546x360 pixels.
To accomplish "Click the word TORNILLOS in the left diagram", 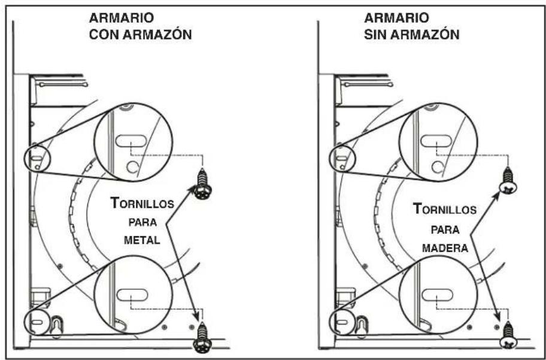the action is [x=142, y=203].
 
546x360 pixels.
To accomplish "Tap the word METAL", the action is [x=142, y=240].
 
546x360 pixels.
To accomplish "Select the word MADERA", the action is [x=445, y=248].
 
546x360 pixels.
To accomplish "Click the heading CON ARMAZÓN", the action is [x=140, y=35].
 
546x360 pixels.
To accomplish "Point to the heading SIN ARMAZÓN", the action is [x=411, y=35].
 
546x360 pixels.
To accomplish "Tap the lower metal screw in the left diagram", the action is [x=202, y=338].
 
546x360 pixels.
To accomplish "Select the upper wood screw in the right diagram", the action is [x=508, y=181].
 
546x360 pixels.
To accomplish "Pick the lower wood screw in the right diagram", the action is [x=508, y=335].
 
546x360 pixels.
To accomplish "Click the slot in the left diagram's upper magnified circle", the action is [x=131, y=141].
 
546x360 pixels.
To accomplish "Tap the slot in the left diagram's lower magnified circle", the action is [x=132, y=295].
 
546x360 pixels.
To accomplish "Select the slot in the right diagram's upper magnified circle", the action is [x=436, y=140].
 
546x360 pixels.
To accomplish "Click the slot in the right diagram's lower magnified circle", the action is [x=438, y=295].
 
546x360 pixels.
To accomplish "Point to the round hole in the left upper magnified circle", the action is [x=132, y=167].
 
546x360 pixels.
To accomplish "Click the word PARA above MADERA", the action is [x=445, y=230].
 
